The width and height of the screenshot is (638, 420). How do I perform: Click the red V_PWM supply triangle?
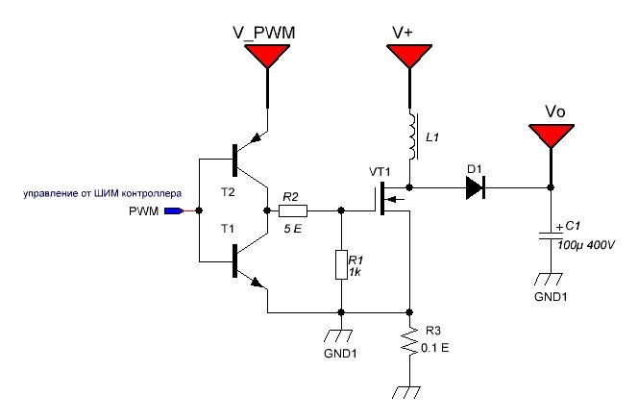pos(267,55)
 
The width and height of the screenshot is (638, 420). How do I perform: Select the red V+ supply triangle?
pos(409,55)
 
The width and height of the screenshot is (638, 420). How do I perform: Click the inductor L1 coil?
pos(412,136)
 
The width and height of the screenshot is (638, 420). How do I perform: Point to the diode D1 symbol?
pos(476,187)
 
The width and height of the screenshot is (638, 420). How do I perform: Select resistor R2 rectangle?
pos(293,210)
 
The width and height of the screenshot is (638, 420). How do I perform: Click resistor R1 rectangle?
pos(341,264)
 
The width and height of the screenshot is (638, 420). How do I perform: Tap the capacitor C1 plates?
pos(551,235)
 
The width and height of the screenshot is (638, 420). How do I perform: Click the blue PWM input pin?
pos(174,210)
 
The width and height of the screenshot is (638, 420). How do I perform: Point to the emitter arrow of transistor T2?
pos(257,138)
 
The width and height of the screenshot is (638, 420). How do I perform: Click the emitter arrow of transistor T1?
pos(257,282)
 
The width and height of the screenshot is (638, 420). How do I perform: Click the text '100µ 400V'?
pos(586,245)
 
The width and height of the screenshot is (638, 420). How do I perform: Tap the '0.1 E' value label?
pos(435,348)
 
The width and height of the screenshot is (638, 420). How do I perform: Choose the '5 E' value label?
pos(293,229)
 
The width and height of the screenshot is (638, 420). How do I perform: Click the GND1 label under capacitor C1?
pos(551,296)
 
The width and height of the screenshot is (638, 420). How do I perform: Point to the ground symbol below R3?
pos(406,392)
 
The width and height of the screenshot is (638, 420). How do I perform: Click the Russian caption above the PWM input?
pos(102,193)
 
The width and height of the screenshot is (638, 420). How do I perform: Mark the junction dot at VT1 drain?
pos(409,187)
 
